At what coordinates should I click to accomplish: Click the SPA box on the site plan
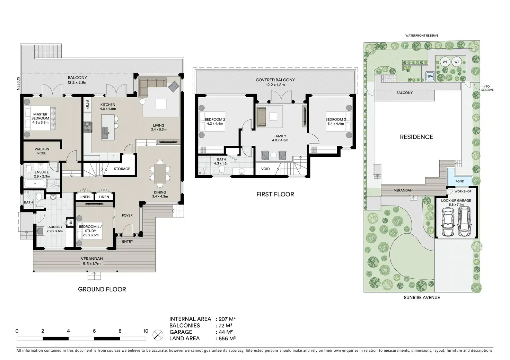pos(430,76)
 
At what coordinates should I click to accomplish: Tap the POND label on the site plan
pos(460,181)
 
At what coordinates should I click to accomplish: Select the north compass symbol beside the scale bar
pos(158,335)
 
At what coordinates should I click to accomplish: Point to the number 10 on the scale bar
pos(146,331)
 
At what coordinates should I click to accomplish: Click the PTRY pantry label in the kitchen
pos(87,105)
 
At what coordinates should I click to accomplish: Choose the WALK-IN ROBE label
pos(42,151)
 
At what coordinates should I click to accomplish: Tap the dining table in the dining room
pos(160,173)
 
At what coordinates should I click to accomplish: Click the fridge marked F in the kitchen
pos(114,157)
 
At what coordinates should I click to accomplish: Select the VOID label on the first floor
pos(265,169)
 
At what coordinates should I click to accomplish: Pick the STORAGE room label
pos(122,169)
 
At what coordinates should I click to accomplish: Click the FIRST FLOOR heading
pos(275,194)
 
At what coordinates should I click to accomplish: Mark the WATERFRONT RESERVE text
pos(422,35)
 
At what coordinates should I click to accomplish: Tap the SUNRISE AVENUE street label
pos(422,297)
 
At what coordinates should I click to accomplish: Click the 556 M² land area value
pos(227,339)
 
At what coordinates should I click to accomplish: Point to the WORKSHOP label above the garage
pos(463,191)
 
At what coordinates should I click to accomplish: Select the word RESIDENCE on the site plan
pos(416,137)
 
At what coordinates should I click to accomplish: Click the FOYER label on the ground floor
pos(127,215)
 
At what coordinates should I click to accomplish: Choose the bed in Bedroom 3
pos(339,121)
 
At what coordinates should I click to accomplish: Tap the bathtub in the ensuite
pos(35,183)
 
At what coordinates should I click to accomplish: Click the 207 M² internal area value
pos(227,319)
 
